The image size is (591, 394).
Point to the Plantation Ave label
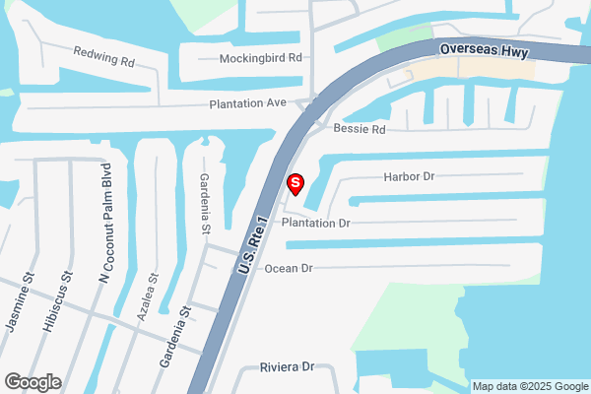(x=247, y=103)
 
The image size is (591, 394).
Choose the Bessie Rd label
(x=360, y=129)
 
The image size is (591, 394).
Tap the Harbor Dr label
(x=409, y=177)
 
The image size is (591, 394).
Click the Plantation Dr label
(x=316, y=224)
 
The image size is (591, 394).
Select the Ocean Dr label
(x=288, y=268)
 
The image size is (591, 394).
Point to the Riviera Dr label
(x=286, y=366)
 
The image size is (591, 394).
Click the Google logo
(x=33, y=382)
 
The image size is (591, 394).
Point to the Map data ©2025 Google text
(x=529, y=386)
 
